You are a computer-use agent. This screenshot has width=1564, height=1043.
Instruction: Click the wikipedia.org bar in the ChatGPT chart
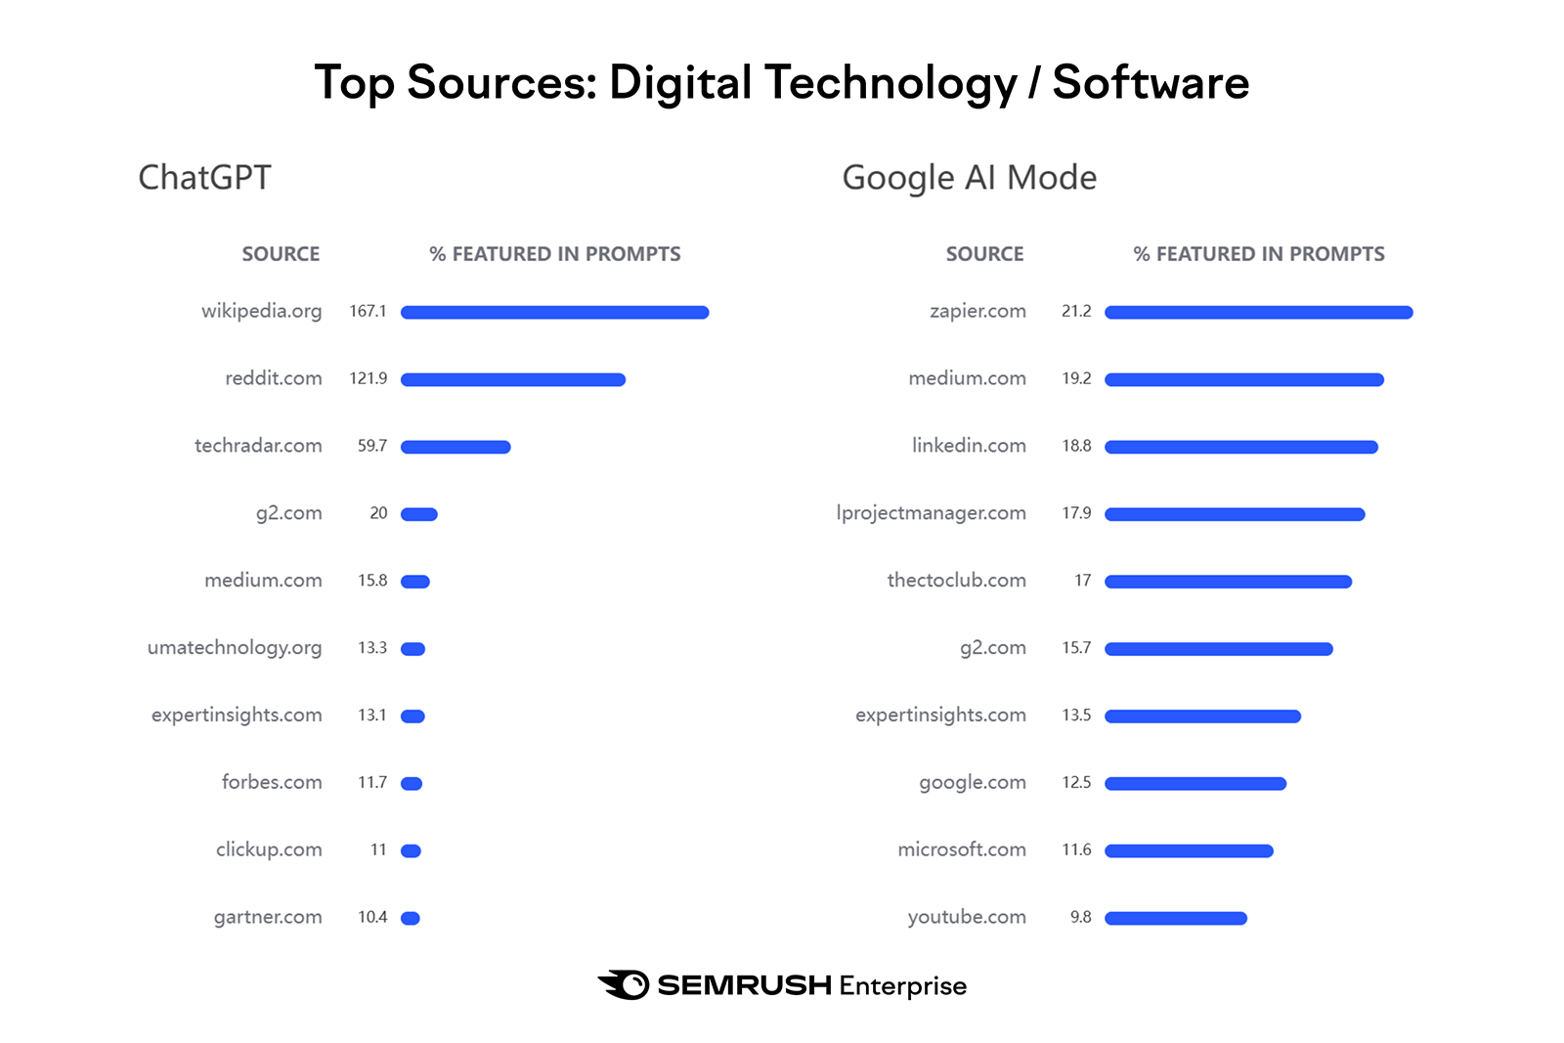tap(554, 313)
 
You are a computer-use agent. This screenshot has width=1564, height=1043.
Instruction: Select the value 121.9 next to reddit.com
tap(369, 379)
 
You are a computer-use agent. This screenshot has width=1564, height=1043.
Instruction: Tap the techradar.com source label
tap(258, 446)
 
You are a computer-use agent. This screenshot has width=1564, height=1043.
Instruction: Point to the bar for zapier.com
tap(1258, 313)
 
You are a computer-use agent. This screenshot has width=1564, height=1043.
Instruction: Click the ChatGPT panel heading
tap(204, 178)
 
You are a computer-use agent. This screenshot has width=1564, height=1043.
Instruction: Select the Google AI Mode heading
tap(969, 178)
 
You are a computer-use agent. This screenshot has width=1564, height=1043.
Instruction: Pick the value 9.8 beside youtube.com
tap(1080, 917)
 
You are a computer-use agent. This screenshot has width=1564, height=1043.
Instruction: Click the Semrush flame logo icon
tap(624, 984)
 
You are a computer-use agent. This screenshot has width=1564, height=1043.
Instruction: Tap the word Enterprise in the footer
tap(902, 985)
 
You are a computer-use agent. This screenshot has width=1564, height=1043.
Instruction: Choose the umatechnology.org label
tap(235, 648)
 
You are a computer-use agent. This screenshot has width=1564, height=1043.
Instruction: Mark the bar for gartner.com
tap(411, 918)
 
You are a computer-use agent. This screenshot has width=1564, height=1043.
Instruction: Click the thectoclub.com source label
tap(956, 581)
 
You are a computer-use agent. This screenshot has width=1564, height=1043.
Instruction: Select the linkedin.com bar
tap(1240, 447)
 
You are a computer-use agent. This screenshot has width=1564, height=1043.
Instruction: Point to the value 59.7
tap(372, 446)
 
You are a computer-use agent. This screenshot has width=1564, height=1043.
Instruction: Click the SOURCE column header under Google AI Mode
tap(984, 254)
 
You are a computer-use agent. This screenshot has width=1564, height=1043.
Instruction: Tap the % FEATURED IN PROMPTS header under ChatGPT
tap(554, 254)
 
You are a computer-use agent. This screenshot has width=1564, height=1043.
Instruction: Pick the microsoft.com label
tap(962, 849)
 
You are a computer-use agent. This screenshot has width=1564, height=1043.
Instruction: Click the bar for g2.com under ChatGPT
tap(419, 514)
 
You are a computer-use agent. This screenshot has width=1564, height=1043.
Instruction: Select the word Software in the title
tap(1151, 82)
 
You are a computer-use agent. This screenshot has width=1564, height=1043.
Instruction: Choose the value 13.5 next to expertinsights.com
tap(1076, 716)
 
